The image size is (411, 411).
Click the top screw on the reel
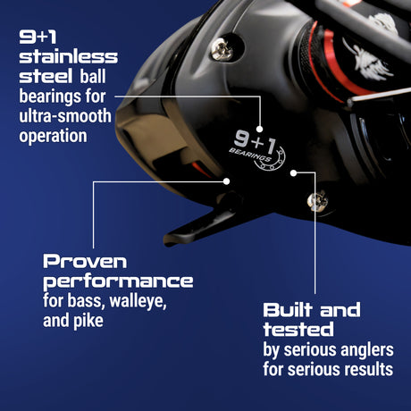click(x=222, y=49)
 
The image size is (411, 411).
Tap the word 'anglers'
click(x=362, y=348)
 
